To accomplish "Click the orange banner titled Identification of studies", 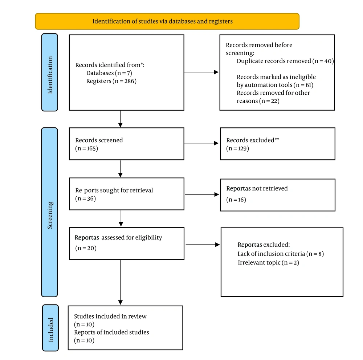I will coord(167,21).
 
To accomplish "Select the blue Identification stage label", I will coord(50,72).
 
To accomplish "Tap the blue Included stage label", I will coord(50,328).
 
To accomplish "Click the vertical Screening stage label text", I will coord(50,215).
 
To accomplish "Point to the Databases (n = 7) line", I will coord(109,73).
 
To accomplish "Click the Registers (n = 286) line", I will coord(111,81).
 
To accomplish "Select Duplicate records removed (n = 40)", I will coord(285,61).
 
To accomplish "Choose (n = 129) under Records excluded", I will coord(237,148).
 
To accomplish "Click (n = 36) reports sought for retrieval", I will coord(85,199).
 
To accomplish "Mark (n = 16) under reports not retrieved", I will coord(236,199).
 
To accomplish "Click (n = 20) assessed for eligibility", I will coord(86,248).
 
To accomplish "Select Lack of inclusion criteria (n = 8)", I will coord(281,254).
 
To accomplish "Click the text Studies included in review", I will coord(110,316).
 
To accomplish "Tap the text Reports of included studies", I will coord(111,332).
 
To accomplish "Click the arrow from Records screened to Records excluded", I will coord(201,143).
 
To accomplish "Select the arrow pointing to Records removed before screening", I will coord(201,72).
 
